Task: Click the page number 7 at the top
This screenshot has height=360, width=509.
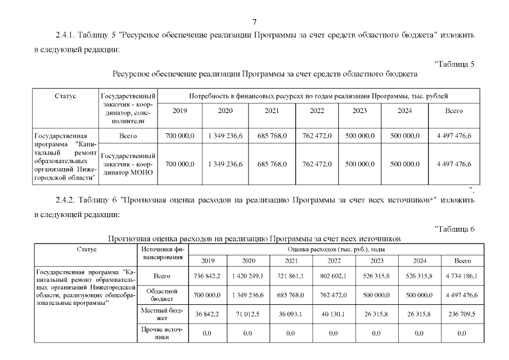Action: [x=254, y=22]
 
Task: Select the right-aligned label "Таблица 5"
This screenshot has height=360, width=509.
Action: [x=456, y=64]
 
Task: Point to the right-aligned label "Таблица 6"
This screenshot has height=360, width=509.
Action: [x=456, y=228]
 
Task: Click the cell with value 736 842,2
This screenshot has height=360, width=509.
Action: [x=207, y=276]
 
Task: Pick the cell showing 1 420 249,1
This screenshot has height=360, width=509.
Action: [x=249, y=276]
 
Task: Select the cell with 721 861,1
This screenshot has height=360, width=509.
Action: [x=291, y=276]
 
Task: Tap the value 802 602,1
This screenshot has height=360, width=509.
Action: [x=333, y=276]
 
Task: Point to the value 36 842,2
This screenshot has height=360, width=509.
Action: [x=207, y=314]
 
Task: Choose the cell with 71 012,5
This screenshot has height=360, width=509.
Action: [x=249, y=314]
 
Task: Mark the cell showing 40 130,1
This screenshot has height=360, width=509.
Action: [x=333, y=314]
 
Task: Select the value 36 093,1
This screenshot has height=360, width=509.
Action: [x=291, y=314]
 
